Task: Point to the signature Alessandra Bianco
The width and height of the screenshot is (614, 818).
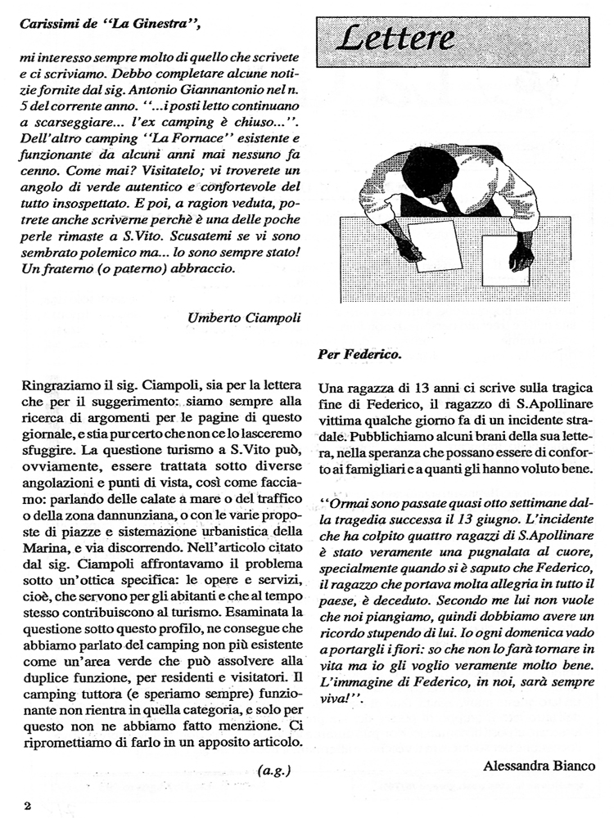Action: click(x=540, y=766)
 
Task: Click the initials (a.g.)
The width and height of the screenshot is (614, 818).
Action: click(x=273, y=770)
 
